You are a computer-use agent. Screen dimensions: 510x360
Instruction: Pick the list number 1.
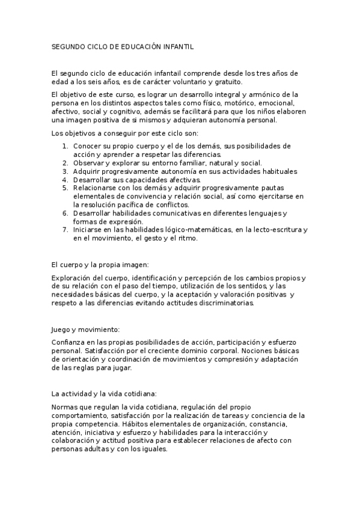click(65, 146)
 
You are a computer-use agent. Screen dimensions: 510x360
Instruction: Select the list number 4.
click(65, 180)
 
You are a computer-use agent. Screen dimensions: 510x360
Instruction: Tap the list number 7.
click(65, 230)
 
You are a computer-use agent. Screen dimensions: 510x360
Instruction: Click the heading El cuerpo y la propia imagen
click(100, 264)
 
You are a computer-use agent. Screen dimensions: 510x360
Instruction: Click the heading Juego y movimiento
click(87, 330)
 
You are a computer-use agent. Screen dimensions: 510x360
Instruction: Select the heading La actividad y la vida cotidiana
click(105, 394)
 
